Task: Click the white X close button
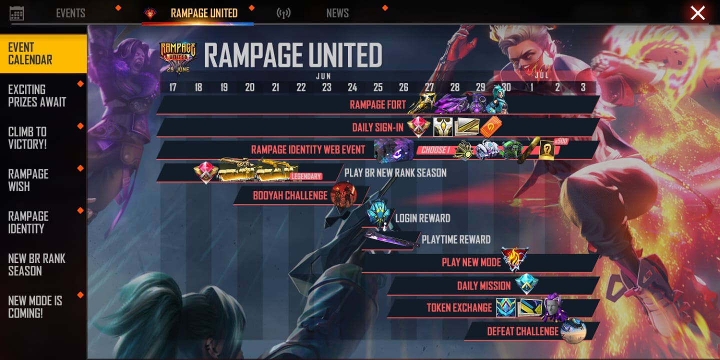coord(697,13)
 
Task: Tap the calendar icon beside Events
coord(16,13)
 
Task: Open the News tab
coord(337,13)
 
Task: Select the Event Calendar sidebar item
coord(43,53)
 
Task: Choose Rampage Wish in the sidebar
coord(28,180)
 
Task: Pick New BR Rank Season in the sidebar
coord(36,264)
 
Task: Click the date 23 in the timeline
coord(326,87)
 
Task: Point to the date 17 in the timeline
coord(173,87)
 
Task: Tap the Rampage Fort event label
coord(377,105)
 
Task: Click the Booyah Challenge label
coord(290,195)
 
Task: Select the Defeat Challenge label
coord(523,331)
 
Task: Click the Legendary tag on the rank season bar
coord(306,176)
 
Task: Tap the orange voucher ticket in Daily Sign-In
coord(490,127)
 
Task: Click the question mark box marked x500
coord(547,150)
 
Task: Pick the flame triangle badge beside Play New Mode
coord(514,259)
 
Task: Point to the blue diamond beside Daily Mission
coord(526,284)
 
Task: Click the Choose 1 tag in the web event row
coord(435,150)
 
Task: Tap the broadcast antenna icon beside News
coord(283,13)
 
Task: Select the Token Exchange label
coord(459,308)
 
